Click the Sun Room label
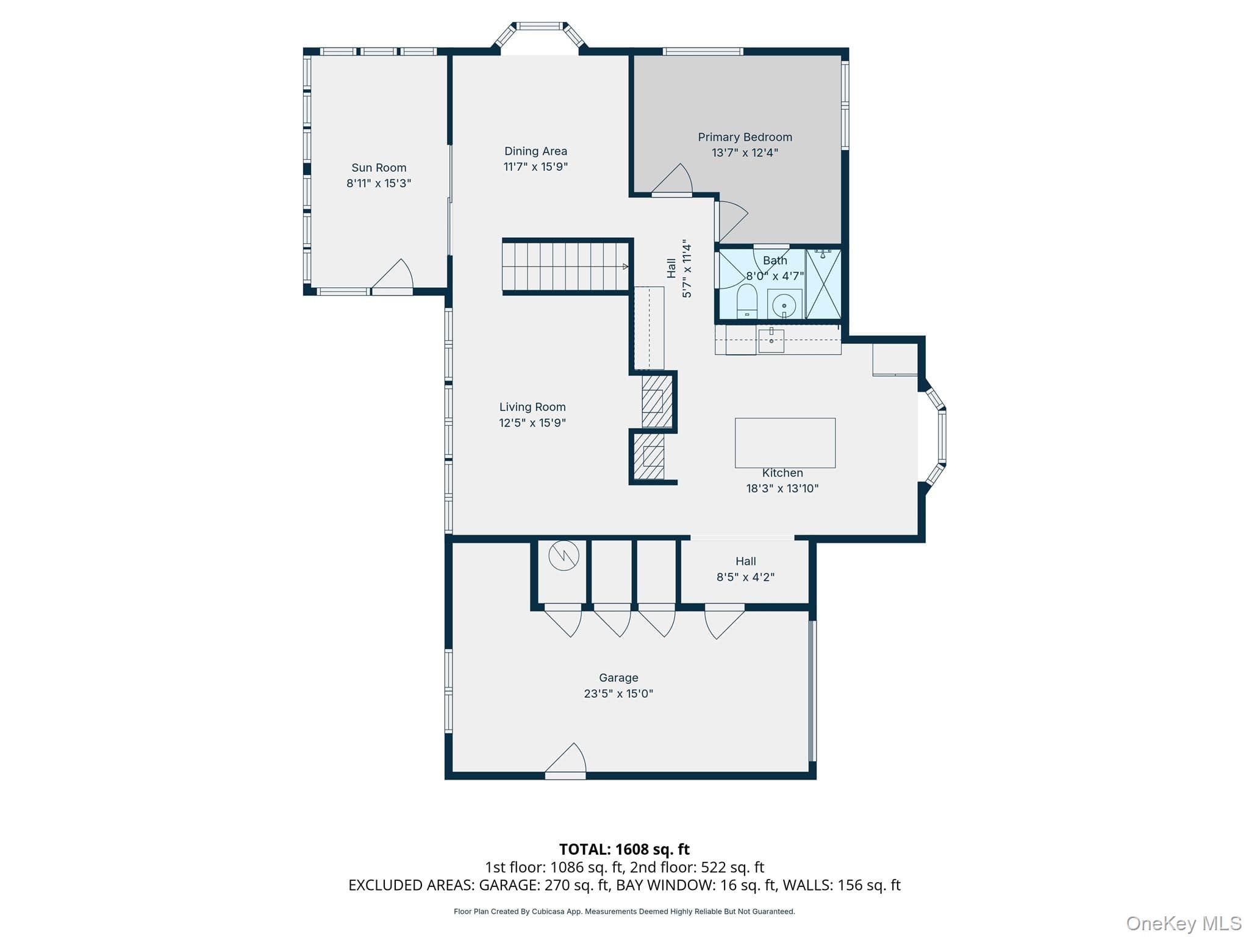pos(379,168)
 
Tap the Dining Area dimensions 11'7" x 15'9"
pos(535,167)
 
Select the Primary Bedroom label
pos(745,137)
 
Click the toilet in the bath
pos(747,301)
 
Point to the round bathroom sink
pos(784,304)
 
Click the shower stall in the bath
pos(823,284)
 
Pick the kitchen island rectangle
pos(785,443)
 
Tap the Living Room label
pos(532,407)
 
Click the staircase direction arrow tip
pos(628,267)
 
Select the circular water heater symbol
pos(564,556)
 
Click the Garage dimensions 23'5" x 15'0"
pos(618,694)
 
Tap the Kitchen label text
pos(782,473)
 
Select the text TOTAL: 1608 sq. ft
pos(624,849)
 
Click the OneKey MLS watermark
pos(1183,924)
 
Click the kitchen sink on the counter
pos(771,340)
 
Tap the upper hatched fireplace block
pos(657,401)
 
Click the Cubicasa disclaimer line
pos(624,911)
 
